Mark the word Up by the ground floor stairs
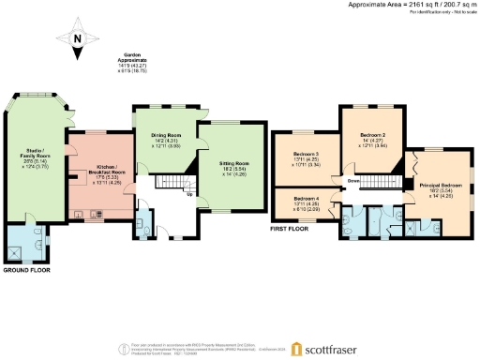point(191,195)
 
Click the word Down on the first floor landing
point(353,180)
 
